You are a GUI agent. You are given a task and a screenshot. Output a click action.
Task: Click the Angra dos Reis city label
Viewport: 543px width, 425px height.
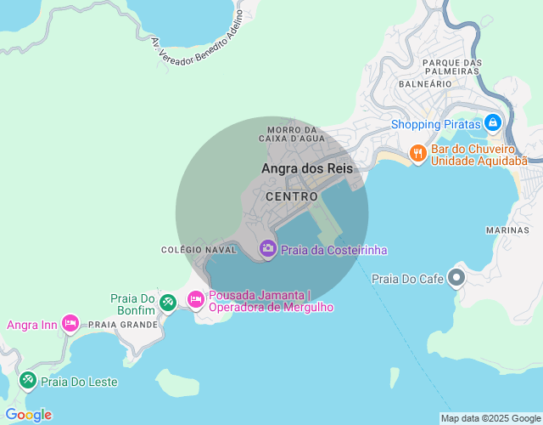pos(307,168)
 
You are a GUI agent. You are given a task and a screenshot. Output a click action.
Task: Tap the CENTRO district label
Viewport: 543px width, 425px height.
pos(292,196)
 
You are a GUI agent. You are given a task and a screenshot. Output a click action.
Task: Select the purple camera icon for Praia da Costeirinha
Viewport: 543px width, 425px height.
pos(268,248)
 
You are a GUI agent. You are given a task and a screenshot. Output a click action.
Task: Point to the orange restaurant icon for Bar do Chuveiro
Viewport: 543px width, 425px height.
pos(417,154)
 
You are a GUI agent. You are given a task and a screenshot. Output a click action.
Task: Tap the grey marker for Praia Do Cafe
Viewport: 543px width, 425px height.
pos(456,277)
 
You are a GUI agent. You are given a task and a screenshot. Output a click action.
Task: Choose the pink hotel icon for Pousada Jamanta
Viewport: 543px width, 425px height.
pos(196,299)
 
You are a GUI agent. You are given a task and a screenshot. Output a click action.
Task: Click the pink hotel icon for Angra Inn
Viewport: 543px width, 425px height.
pos(70,324)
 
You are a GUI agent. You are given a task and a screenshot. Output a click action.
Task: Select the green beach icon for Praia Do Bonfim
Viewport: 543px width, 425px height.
pos(168,302)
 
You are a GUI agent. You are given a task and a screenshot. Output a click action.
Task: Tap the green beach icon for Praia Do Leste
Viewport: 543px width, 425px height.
pos(27,379)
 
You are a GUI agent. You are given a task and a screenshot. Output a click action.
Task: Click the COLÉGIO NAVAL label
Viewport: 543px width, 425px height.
pos(198,250)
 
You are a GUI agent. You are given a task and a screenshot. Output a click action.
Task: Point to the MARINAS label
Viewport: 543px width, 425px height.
pos(508,230)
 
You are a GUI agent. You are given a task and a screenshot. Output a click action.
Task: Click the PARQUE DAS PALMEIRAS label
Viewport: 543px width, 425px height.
pos(452,67)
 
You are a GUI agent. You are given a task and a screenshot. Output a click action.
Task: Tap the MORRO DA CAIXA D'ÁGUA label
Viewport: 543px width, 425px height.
pos(292,133)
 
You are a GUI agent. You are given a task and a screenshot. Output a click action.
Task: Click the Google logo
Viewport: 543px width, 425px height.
pos(28,415)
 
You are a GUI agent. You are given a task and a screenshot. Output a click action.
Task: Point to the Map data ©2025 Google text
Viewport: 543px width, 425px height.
pos(490,418)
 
